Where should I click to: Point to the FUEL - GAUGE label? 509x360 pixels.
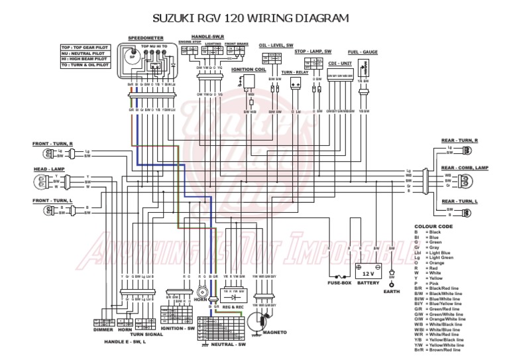[x=363, y=52]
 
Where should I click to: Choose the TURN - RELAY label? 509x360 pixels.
[x=296, y=72]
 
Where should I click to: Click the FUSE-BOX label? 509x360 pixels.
[x=339, y=284]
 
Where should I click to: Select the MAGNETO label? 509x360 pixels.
[x=274, y=331]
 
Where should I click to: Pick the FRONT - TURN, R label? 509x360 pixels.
[x=53, y=143]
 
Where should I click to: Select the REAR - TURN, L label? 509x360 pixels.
[x=459, y=200]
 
